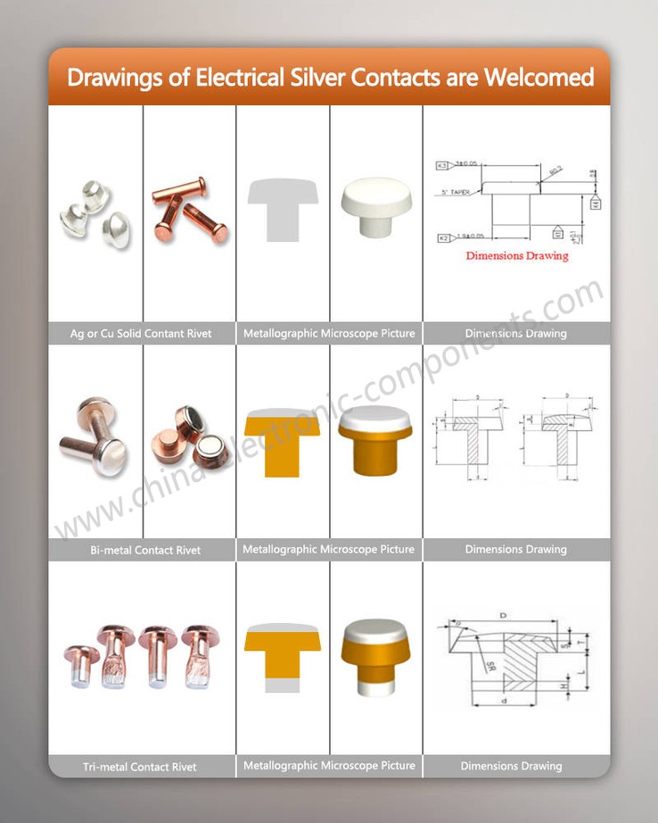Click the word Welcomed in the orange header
click(539, 77)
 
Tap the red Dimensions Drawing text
click(516, 255)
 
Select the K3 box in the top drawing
click(442, 165)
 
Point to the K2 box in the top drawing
click(442, 237)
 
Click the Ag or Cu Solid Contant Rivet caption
click(141, 334)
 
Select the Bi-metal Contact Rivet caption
click(145, 550)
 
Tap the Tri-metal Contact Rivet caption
click(139, 767)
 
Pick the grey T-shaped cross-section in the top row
click(283, 208)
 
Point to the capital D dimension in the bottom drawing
click(504, 616)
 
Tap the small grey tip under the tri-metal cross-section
click(282, 686)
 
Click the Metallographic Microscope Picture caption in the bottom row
click(329, 766)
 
